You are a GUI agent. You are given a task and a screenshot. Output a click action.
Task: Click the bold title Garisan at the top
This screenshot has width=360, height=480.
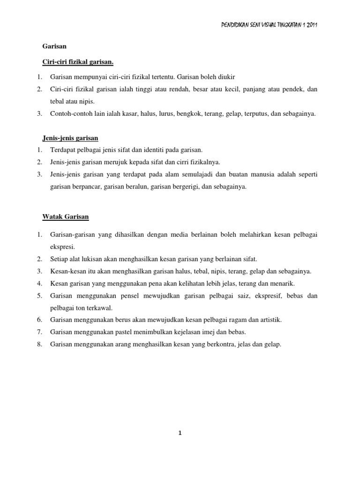[x=52, y=46]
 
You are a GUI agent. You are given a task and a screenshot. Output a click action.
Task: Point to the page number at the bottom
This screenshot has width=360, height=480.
[x=180, y=434]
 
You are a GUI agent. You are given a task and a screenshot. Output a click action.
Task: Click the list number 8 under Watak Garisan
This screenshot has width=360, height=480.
[x=40, y=344]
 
